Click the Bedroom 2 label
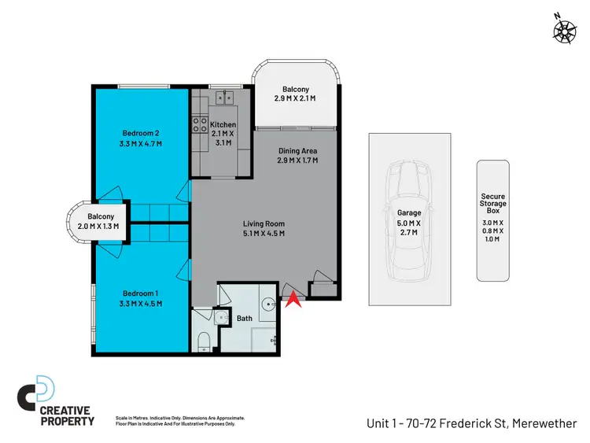pos(142,132)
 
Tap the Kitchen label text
pos(223,125)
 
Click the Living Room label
pos(263,224)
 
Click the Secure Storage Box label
pos(493,204)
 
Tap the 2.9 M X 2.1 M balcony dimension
pos(295,98)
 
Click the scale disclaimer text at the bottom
pos(180,421)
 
